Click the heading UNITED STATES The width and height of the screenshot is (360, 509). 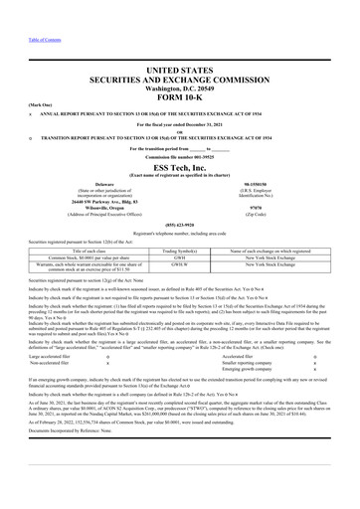click(180, 61)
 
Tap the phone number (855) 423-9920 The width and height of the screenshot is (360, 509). click(180, 224)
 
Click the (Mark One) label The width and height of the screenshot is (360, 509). click(17, 101)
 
